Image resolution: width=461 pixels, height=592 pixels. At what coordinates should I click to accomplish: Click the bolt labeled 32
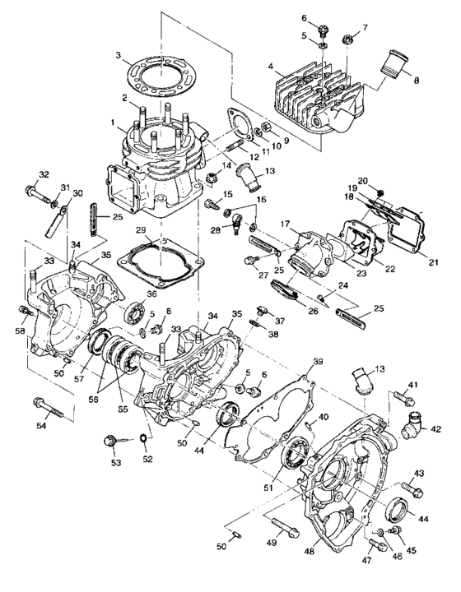point(40,195)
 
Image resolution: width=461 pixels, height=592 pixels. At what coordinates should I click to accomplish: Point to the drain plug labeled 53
point(109,442)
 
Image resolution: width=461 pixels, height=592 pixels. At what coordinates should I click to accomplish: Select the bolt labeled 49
point(289,527)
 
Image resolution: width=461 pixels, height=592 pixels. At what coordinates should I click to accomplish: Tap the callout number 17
point(285,222)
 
